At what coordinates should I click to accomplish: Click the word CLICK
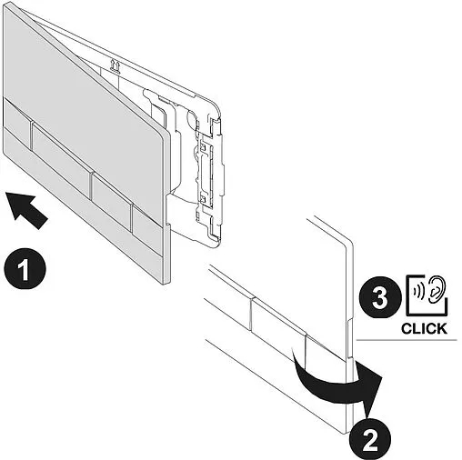(x=423, y=328)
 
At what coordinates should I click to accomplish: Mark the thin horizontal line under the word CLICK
(x=409, y=341)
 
